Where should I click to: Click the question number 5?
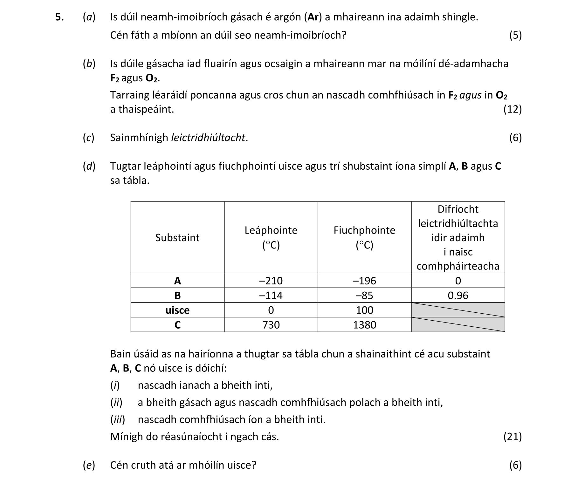click(x=59, y=17)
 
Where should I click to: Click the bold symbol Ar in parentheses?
click(x=313, y=17)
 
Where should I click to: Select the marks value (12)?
click(x=513, y=109)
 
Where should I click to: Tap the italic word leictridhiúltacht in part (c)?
click(x=208, y=138)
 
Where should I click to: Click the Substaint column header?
click(x=177, y=238)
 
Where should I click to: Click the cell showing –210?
click(x=271, y=281)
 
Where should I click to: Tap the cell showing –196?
click(x=364, y=281)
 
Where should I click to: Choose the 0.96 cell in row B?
click(x=458, y=296)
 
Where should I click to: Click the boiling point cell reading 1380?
click(x=364, y=325)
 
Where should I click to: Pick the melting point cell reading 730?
click(x=271, y=325)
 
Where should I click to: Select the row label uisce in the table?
click(x=177, y=310)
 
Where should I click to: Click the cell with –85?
click(x=364, y=296)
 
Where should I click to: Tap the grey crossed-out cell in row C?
click(x=458, y=325)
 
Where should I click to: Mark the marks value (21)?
click(x=513, y=437)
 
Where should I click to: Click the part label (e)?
click(x=89, y=465)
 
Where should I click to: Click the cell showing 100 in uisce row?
click(x=364, y=310)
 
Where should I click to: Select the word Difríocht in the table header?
click(x=458, y=209)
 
